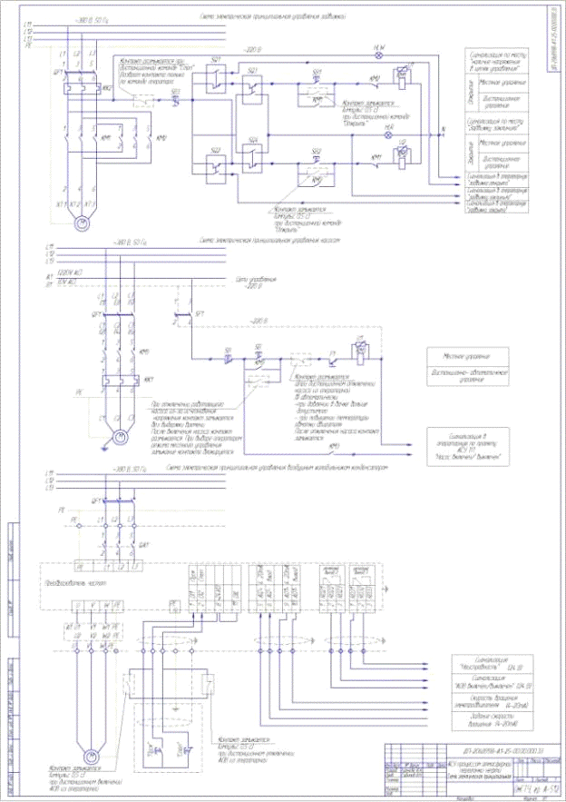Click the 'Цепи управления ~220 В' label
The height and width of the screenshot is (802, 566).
pos(256,284)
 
